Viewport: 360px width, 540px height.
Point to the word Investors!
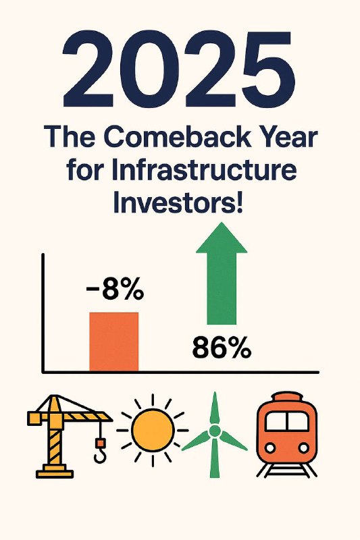tap(178, 203)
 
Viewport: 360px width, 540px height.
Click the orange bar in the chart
tap(113, 342)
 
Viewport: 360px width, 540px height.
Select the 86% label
tap(222, 348)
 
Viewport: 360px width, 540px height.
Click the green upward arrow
tap(222, 273)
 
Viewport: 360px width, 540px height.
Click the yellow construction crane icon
tap(70, 436)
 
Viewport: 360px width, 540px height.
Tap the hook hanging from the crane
tap(100, 456)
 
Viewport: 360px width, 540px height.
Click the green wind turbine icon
tap(214, 435)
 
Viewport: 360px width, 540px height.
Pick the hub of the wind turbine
tap(214, 431)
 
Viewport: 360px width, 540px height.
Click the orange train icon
tap(286, 435)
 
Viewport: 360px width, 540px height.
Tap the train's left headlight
tap(270, 448)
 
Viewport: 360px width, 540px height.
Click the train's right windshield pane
tap(298, 421)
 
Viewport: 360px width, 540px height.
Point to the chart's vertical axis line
tap(43, 313)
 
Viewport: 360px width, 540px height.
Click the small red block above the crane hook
tap(100, 442)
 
